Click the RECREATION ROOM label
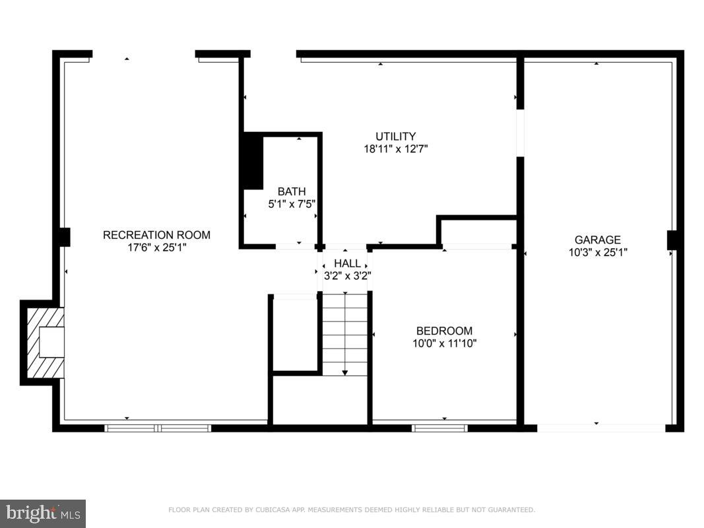tap(156, 235)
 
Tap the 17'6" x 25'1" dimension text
tap(156, 247)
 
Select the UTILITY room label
tap(396, 137)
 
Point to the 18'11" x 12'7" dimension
tap(396, 149)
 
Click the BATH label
tap(291, 191)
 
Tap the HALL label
tap(347, 263)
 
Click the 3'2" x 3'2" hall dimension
tap(347, 275)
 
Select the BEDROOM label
tap(444, 331)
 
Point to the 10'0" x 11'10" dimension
tap(444, 343)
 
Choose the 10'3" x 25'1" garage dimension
tap(597, 252)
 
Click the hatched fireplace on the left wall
tap(44, 342)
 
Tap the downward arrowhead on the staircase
tap(345, 373)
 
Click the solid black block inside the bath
tap(252, 160)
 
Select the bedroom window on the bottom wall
tap(439, 428)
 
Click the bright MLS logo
tap(43, 513)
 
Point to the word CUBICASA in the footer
tap(276, 510)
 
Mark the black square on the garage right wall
tap(672, 240)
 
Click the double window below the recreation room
tap(158, 428)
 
